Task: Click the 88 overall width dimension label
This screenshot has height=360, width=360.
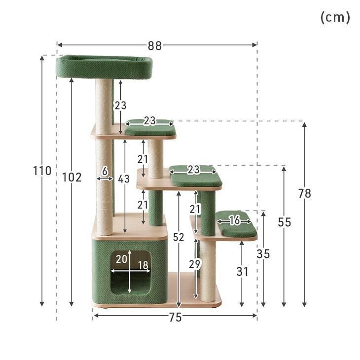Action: (x=155, y=46)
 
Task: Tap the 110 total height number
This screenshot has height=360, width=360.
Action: (x=42, y=171)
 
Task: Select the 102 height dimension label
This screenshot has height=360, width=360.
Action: (x=72, y=178)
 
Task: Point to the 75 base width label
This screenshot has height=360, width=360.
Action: (x=176, y=318)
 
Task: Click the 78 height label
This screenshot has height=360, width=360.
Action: (x=305, y=193)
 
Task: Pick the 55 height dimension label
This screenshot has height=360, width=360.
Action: (x=285, y=222)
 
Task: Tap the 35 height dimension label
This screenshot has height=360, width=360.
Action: (x=263, y=254)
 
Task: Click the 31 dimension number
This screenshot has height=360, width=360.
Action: (x=243, y=272)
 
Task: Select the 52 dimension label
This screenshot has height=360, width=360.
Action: (x=179, y=237)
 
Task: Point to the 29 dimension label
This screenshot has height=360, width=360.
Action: (x=195, y=264)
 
